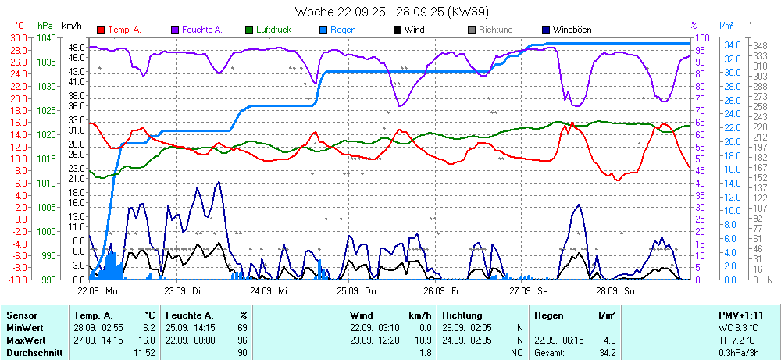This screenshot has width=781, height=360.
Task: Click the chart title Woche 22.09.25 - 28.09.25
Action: click(390, 12)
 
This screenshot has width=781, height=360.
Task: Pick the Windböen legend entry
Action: click(572, 30)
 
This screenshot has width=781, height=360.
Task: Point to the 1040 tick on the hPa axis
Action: click(47, 38)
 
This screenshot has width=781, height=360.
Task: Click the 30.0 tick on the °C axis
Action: click(17, 38)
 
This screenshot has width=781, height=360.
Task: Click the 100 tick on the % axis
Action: click(702, 38)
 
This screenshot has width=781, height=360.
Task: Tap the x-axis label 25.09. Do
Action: click(356, 290)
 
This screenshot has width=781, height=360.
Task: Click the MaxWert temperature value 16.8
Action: click(148, 340)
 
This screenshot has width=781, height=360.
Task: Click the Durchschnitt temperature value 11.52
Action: click(144, 353)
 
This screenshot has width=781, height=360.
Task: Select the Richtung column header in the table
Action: click(462, 315)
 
